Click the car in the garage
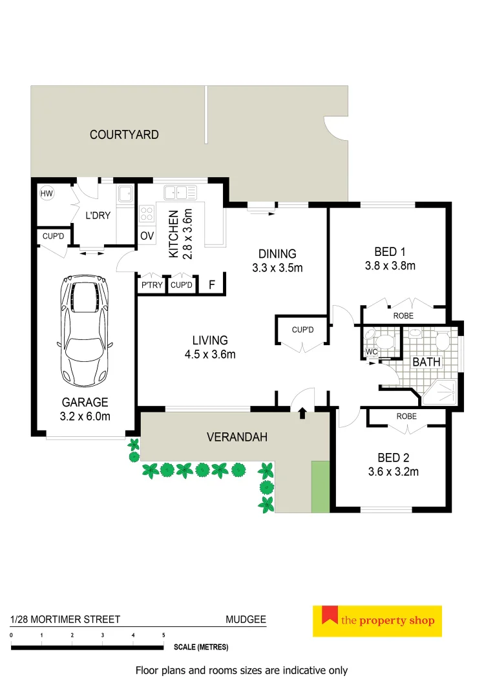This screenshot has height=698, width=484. click(86, 330)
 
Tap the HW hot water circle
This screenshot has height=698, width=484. click(47, 193)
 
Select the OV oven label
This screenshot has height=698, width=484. click(147, 236)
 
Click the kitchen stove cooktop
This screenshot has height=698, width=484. click(147, 213)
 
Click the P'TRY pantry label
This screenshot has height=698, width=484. click(151, 284)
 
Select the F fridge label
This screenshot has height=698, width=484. click(211, 284)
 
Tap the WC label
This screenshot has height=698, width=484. click(371, 352)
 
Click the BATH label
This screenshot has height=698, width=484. click(426, 362)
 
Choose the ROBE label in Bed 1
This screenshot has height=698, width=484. click(403, 316)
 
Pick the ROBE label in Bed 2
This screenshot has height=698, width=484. click(406, 417)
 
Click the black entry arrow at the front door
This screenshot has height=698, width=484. click(302, 412)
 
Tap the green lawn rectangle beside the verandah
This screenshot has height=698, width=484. click(320, 487)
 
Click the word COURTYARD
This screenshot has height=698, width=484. click(124, 135)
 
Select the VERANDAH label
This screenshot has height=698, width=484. click(237, 438)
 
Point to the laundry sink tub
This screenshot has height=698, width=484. click(125, 193)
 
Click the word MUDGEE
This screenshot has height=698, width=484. click(246, 619)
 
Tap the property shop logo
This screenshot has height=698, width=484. click(377, 621)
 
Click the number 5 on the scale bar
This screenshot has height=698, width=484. click(163, 636)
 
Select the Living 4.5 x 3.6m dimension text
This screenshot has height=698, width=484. click(209, 354)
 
